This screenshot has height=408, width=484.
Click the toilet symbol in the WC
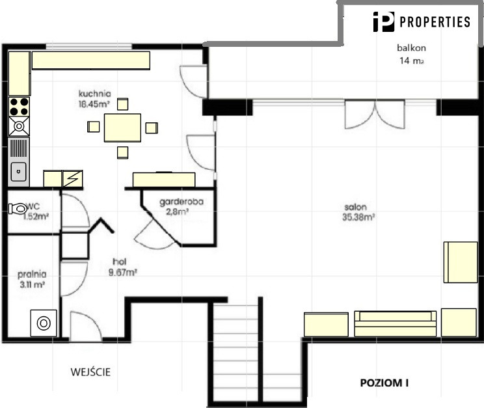coord(18,208)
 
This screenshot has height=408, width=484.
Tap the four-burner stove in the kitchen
coord(19,106)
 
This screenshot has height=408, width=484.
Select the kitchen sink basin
coord(18,171)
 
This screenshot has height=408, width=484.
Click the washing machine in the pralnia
coord(44,323)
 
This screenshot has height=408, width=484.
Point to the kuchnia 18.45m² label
coord(94,99)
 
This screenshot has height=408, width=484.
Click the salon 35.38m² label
coord(358,212)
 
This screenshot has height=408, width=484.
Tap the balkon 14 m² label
coord(411,54)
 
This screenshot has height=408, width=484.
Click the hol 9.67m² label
coord(122,267)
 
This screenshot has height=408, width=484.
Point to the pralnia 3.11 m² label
coord(32,279)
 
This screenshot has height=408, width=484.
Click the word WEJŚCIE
coord(90,372)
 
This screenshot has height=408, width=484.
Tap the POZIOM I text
coord(384,383)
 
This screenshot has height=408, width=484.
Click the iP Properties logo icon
coord(384,21)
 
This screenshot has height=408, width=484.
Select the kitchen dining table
coord(122,128)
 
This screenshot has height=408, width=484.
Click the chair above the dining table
coord(122,104)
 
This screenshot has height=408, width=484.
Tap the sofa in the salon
coord(396,323)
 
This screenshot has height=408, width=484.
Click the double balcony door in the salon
coord(375,115)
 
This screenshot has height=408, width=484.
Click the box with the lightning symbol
coord(72,178)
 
